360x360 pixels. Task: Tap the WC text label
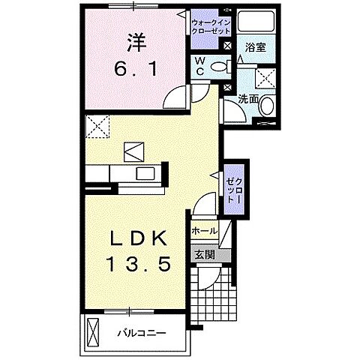tap(200, 66)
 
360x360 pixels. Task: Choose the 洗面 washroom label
tap(249, 98)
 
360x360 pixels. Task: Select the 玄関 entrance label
tap(204, 255)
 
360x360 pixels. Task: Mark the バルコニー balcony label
tap(141, 331)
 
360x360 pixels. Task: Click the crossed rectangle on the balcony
tap(94, 329)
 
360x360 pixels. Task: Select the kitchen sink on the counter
tap(142, 174)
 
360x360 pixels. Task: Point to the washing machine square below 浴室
tap(265, 79)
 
